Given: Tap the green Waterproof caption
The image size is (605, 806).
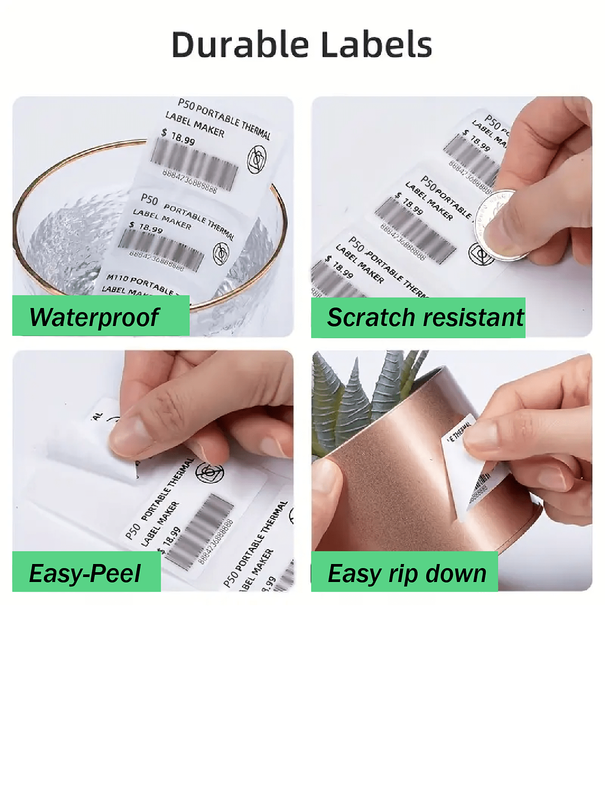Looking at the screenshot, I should [94, 317].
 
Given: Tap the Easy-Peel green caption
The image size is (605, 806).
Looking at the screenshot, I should [85, 573].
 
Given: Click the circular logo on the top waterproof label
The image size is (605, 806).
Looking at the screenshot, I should [257, 159].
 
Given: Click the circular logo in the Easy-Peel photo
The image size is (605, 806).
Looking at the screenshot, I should [209, 472].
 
